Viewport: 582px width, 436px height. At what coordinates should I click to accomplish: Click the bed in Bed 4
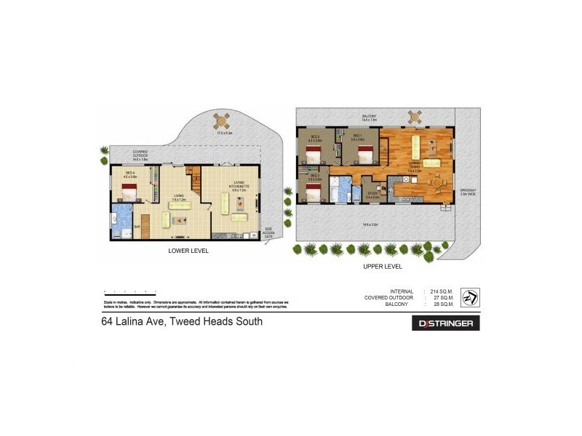(129, 192)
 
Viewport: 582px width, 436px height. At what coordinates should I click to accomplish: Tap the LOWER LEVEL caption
(188, 251)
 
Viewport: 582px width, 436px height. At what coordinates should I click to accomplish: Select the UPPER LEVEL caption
(383, 267)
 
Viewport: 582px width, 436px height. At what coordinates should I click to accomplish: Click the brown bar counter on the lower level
(145, 225)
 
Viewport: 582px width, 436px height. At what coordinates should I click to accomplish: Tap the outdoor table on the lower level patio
(221, 120)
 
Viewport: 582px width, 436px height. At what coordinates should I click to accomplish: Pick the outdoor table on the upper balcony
(415, 116)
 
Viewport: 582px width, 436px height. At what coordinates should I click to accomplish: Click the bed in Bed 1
(364, 153)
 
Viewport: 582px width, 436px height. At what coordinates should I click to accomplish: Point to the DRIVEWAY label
(466, 191)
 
